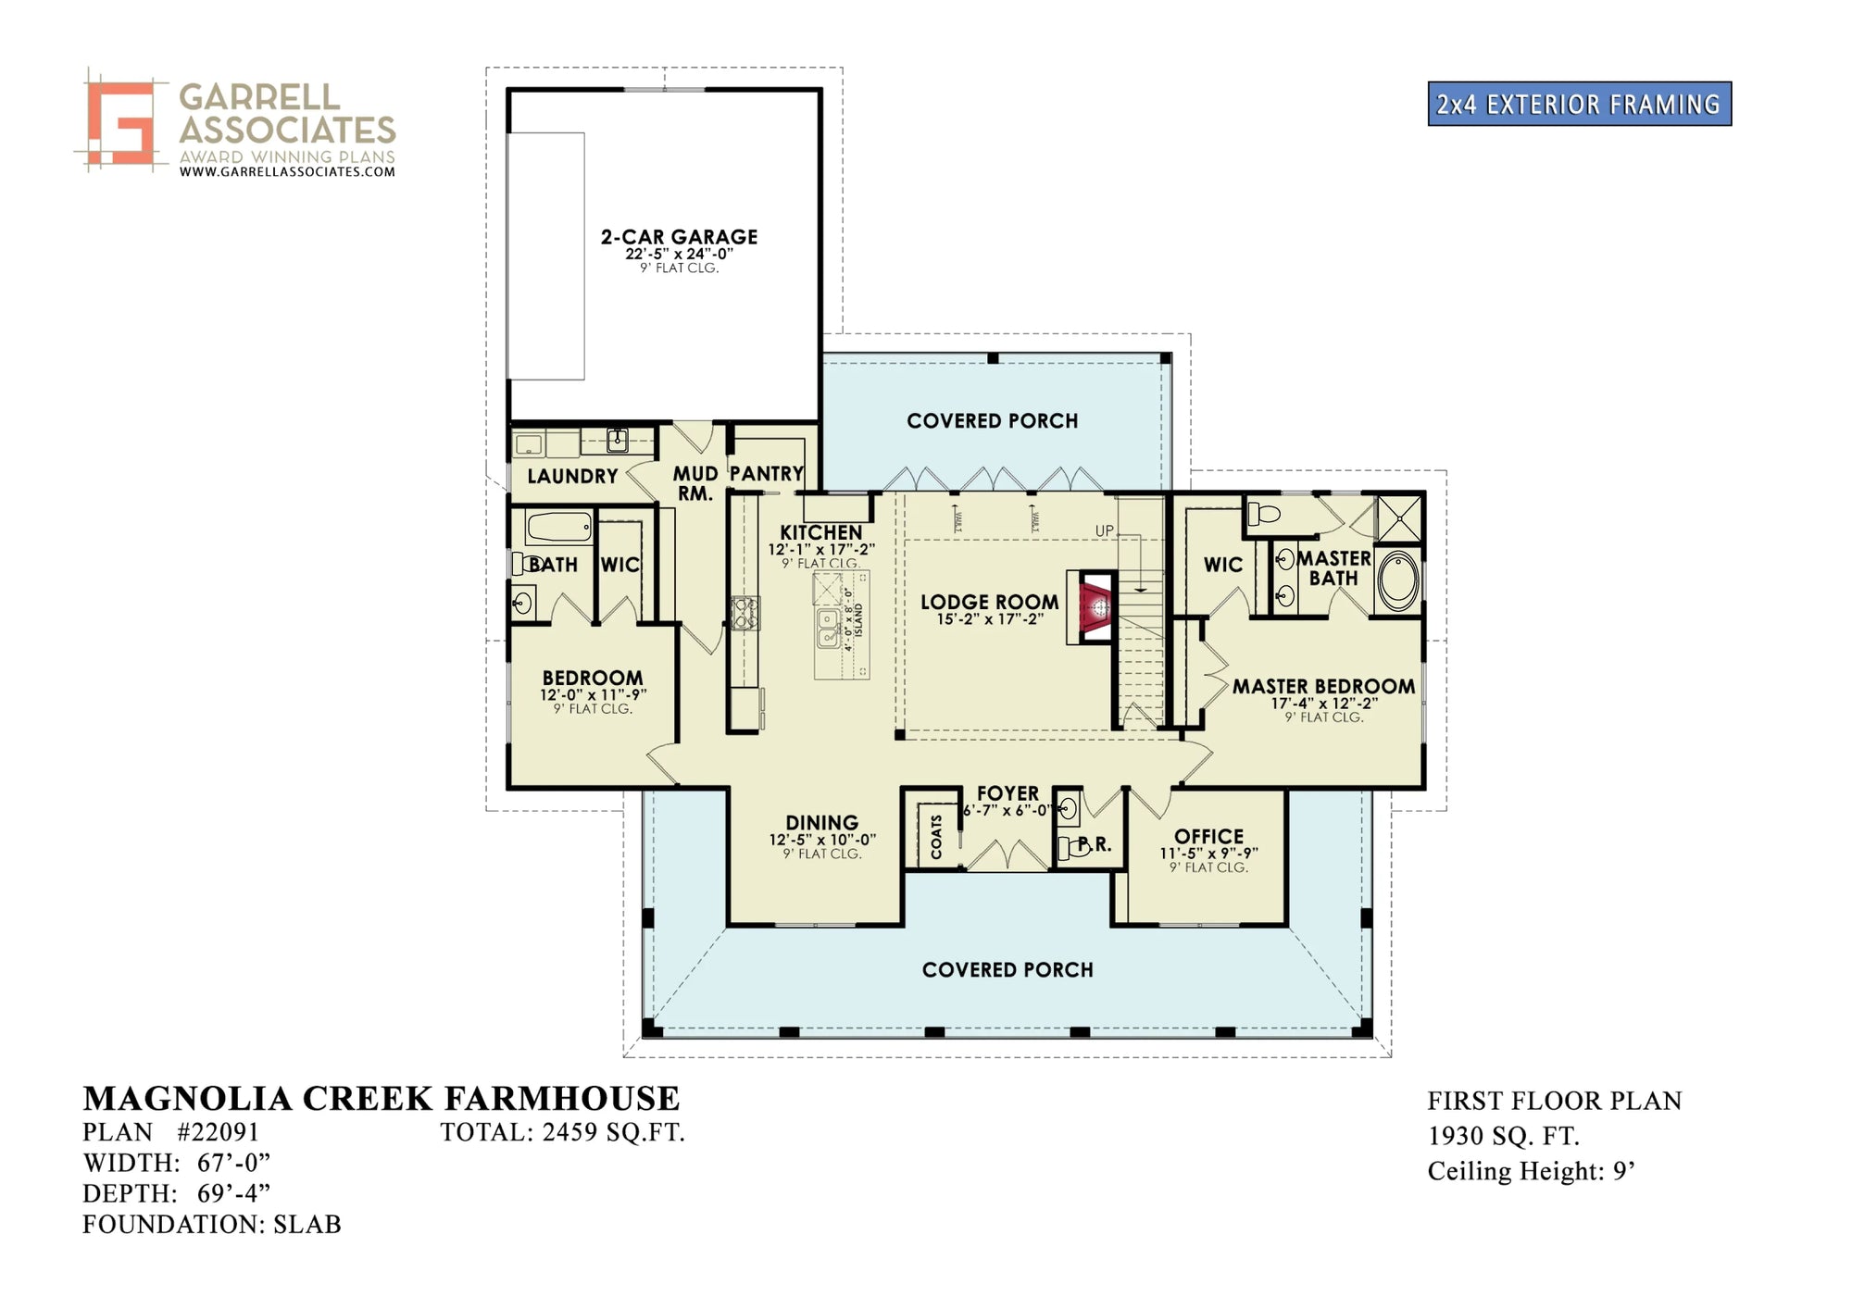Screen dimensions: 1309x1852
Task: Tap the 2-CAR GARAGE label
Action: click(x=679, y=237)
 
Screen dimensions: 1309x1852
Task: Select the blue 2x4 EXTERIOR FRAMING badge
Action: click(x=1579, y=104)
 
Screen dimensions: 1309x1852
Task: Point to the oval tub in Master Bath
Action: click(x=1397, y=581)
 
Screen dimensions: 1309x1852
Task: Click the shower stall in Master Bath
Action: click(x=1399, y=518)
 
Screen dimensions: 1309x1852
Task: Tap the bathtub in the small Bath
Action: click(x=559, y=529)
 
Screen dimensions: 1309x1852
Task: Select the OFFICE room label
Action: click(x=1208, y=836)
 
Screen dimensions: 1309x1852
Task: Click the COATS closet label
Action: click(x=936, y=836)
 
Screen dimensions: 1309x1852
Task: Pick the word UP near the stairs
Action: click(x=1105, y=530)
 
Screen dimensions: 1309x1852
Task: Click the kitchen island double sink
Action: click(x=828, y=628)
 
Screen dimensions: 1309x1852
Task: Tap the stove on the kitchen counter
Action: click(x=745, y=613)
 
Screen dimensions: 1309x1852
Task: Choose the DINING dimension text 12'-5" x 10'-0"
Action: click(x=822, y=840)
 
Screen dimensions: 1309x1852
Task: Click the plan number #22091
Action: click(x=218, y=1131)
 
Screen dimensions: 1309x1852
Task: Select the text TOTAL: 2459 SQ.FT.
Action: click(x=562, y=1131)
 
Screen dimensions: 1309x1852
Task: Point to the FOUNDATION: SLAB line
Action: click(x=212, y=1224)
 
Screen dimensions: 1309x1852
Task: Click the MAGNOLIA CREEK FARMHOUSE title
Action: click(x=382, y=1098)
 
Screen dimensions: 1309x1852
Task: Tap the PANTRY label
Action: click(x=766, y=473)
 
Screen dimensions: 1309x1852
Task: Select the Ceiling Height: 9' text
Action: click(x=1531, y=1171)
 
